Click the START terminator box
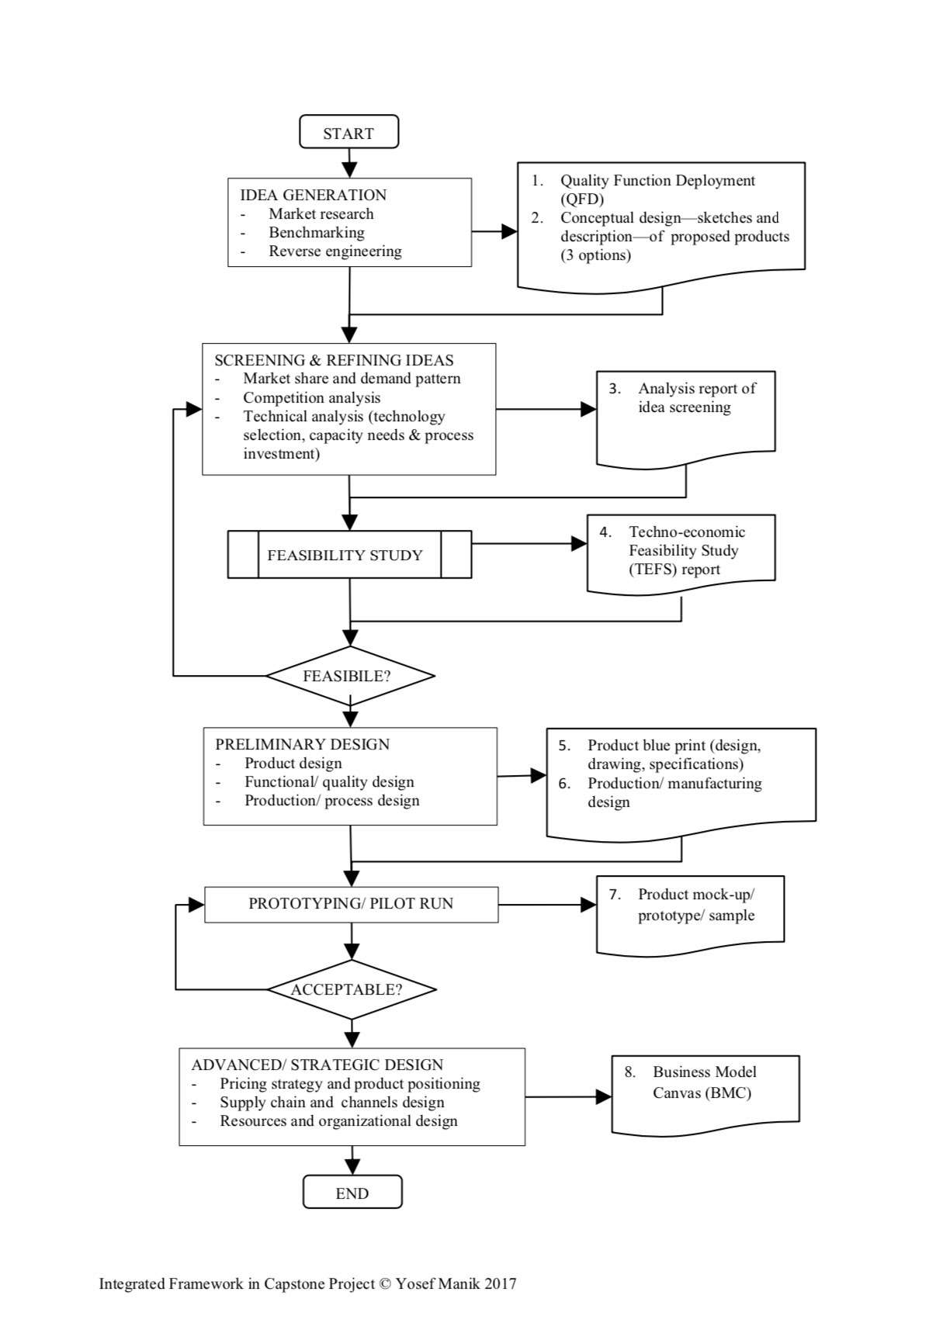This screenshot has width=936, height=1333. click(348, 132)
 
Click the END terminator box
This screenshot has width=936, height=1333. click(352, 1193)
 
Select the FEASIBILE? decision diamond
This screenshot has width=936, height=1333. click(350, 676)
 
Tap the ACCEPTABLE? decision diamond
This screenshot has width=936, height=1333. click(352, 989)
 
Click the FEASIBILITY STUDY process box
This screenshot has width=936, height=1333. click(349, 555)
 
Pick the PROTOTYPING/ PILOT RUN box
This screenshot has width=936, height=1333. click(352, 904)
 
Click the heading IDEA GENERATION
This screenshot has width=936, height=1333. click(314, 195)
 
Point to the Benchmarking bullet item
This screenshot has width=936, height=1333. click(317, 232)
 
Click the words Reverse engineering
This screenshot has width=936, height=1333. click(335, 251)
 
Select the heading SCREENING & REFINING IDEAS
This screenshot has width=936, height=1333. click(335, 360)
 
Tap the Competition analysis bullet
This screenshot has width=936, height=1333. click(312, 397)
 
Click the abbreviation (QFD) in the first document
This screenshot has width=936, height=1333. click(582, 199)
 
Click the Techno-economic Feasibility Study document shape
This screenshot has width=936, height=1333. click(681, 555)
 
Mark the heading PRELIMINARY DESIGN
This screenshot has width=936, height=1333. click(303, 744)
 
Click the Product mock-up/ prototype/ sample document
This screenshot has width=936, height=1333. click(690, 915)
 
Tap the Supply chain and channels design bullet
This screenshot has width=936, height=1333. click(332, 1103)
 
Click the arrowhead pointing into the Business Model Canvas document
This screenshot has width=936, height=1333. click(604, 1096)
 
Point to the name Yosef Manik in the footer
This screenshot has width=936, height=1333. click(438, 1284)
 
